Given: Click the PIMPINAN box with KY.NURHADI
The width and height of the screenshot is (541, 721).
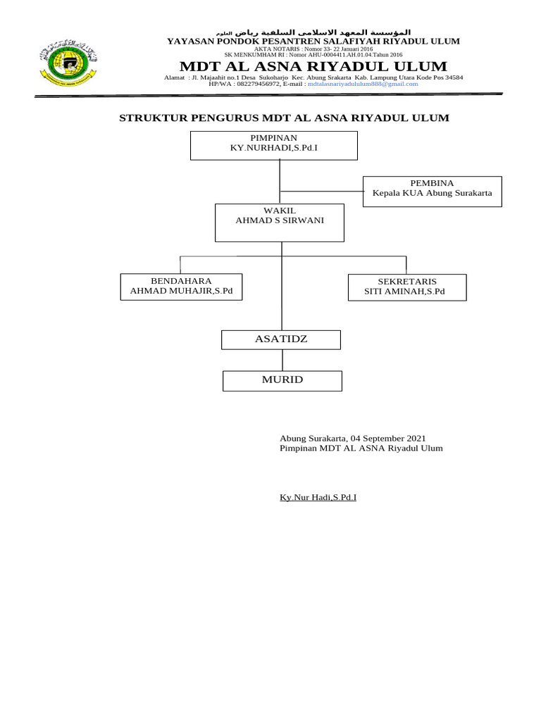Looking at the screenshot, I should (x=274, y=145).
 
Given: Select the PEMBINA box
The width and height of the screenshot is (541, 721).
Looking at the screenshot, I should (x=433, y=191).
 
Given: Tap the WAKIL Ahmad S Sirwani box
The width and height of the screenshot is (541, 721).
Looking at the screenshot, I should (x=280, y=222).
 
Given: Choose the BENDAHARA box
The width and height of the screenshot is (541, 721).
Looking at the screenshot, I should (x=181, y=287).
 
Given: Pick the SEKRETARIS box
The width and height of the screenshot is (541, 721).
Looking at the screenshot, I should (x=407, y=287).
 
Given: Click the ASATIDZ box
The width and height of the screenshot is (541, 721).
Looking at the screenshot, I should (x=281, y=339).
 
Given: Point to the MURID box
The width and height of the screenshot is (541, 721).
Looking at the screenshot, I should (x=282, y=380).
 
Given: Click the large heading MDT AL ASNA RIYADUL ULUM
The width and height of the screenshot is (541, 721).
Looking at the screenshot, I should (x=313, y=67).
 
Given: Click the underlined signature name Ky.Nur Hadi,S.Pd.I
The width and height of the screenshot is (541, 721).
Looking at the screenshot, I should (x=318, y=498).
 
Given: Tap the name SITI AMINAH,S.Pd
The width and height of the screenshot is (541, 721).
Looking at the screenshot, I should (x=404, y=291).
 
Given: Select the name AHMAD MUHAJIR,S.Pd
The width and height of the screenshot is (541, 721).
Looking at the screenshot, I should (x=181, y=291).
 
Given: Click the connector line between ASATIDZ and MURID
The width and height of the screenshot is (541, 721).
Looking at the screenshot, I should (x=282, y=360).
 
